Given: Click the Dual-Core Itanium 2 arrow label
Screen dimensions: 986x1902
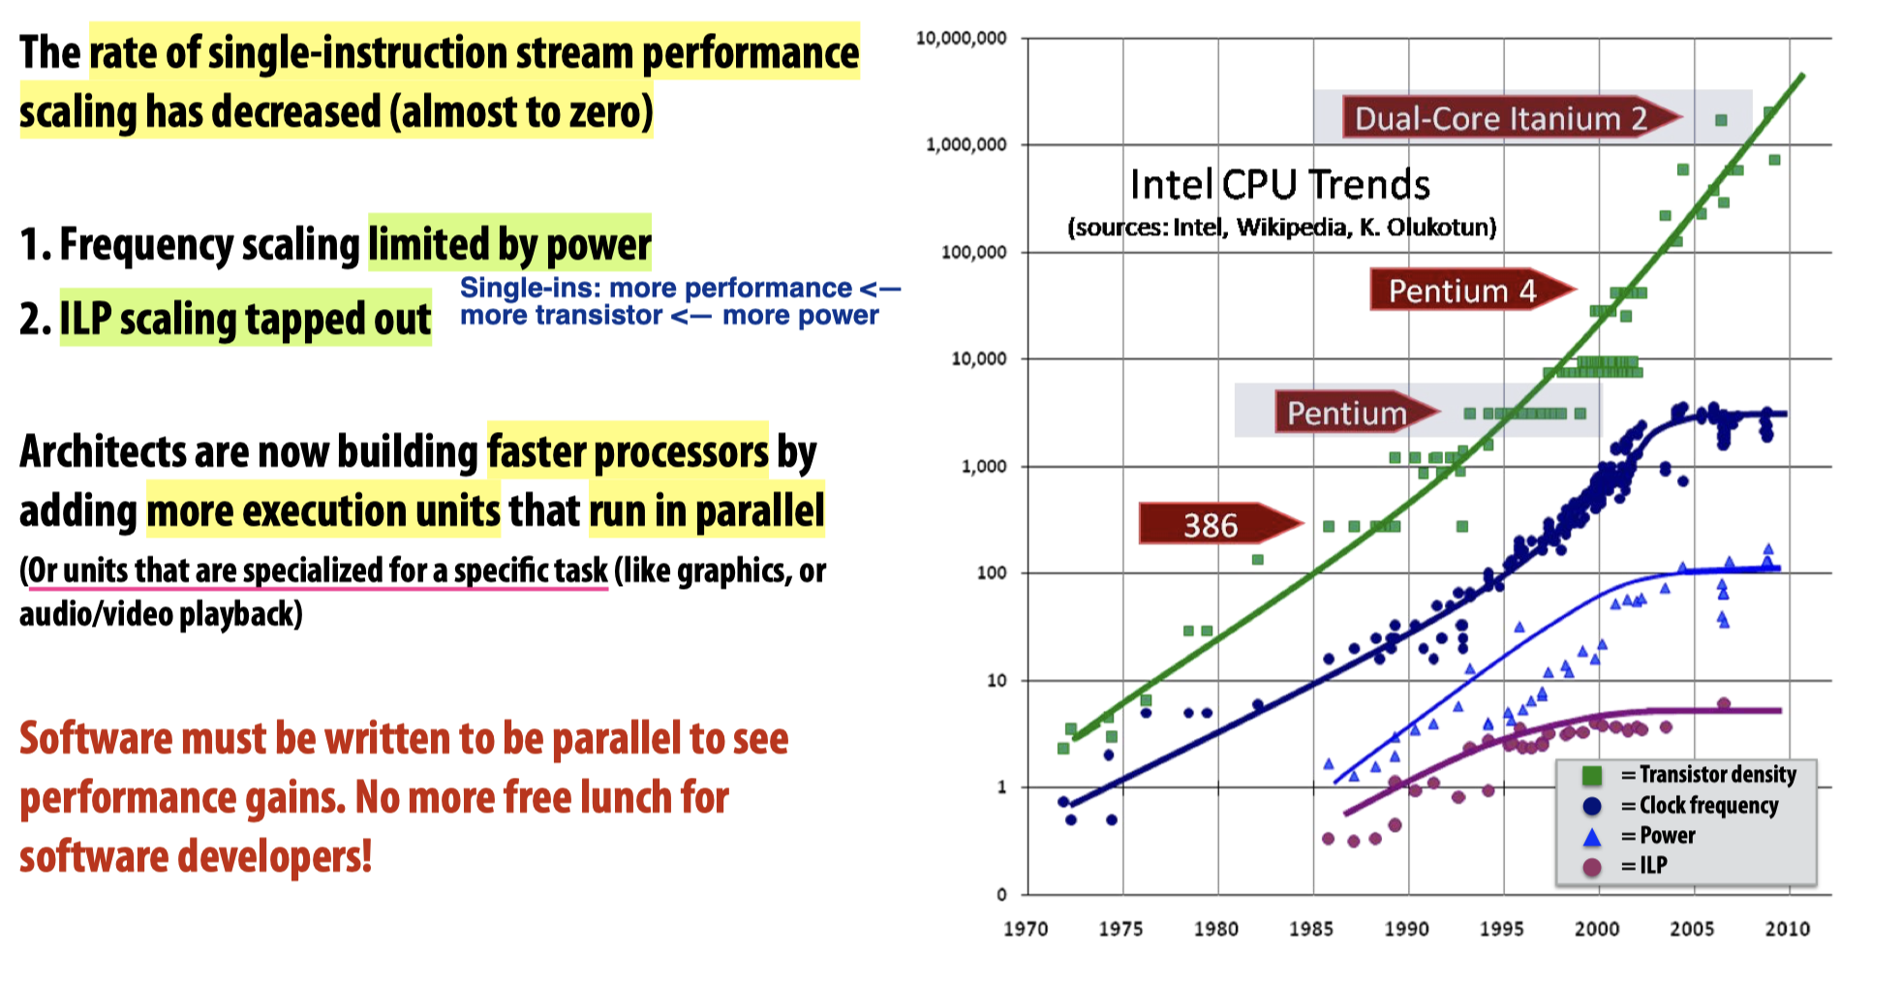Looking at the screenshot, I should (x=1500, y=118).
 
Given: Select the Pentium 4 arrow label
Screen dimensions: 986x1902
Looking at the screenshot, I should (x=1462, y=291).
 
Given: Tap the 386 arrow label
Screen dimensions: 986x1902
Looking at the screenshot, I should (x=1211, y=525).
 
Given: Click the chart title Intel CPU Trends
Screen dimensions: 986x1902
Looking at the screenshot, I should (x=1279, y=184).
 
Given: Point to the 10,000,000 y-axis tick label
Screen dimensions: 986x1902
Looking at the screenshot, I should (x=961, y=38).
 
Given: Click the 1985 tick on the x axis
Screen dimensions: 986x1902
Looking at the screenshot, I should (x=1310, y=929).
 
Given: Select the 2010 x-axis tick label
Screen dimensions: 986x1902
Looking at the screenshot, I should (x=1787, y=929).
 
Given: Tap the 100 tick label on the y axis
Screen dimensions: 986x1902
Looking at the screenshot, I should (x=991, y=572).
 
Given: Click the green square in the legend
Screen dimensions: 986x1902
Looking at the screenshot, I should (x=1591, y=775).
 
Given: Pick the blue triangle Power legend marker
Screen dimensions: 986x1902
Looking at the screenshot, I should (x=1591, y=836).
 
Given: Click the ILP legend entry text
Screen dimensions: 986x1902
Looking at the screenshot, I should (x=1653, y=865).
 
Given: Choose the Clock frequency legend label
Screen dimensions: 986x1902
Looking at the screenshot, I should (x=1708, y=805).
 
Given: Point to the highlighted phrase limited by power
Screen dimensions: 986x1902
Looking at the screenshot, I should (x=509, y=243).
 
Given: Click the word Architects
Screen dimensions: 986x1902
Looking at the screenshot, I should (x=103, y=451).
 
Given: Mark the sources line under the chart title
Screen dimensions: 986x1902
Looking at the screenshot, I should (x=1281, y=228).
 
